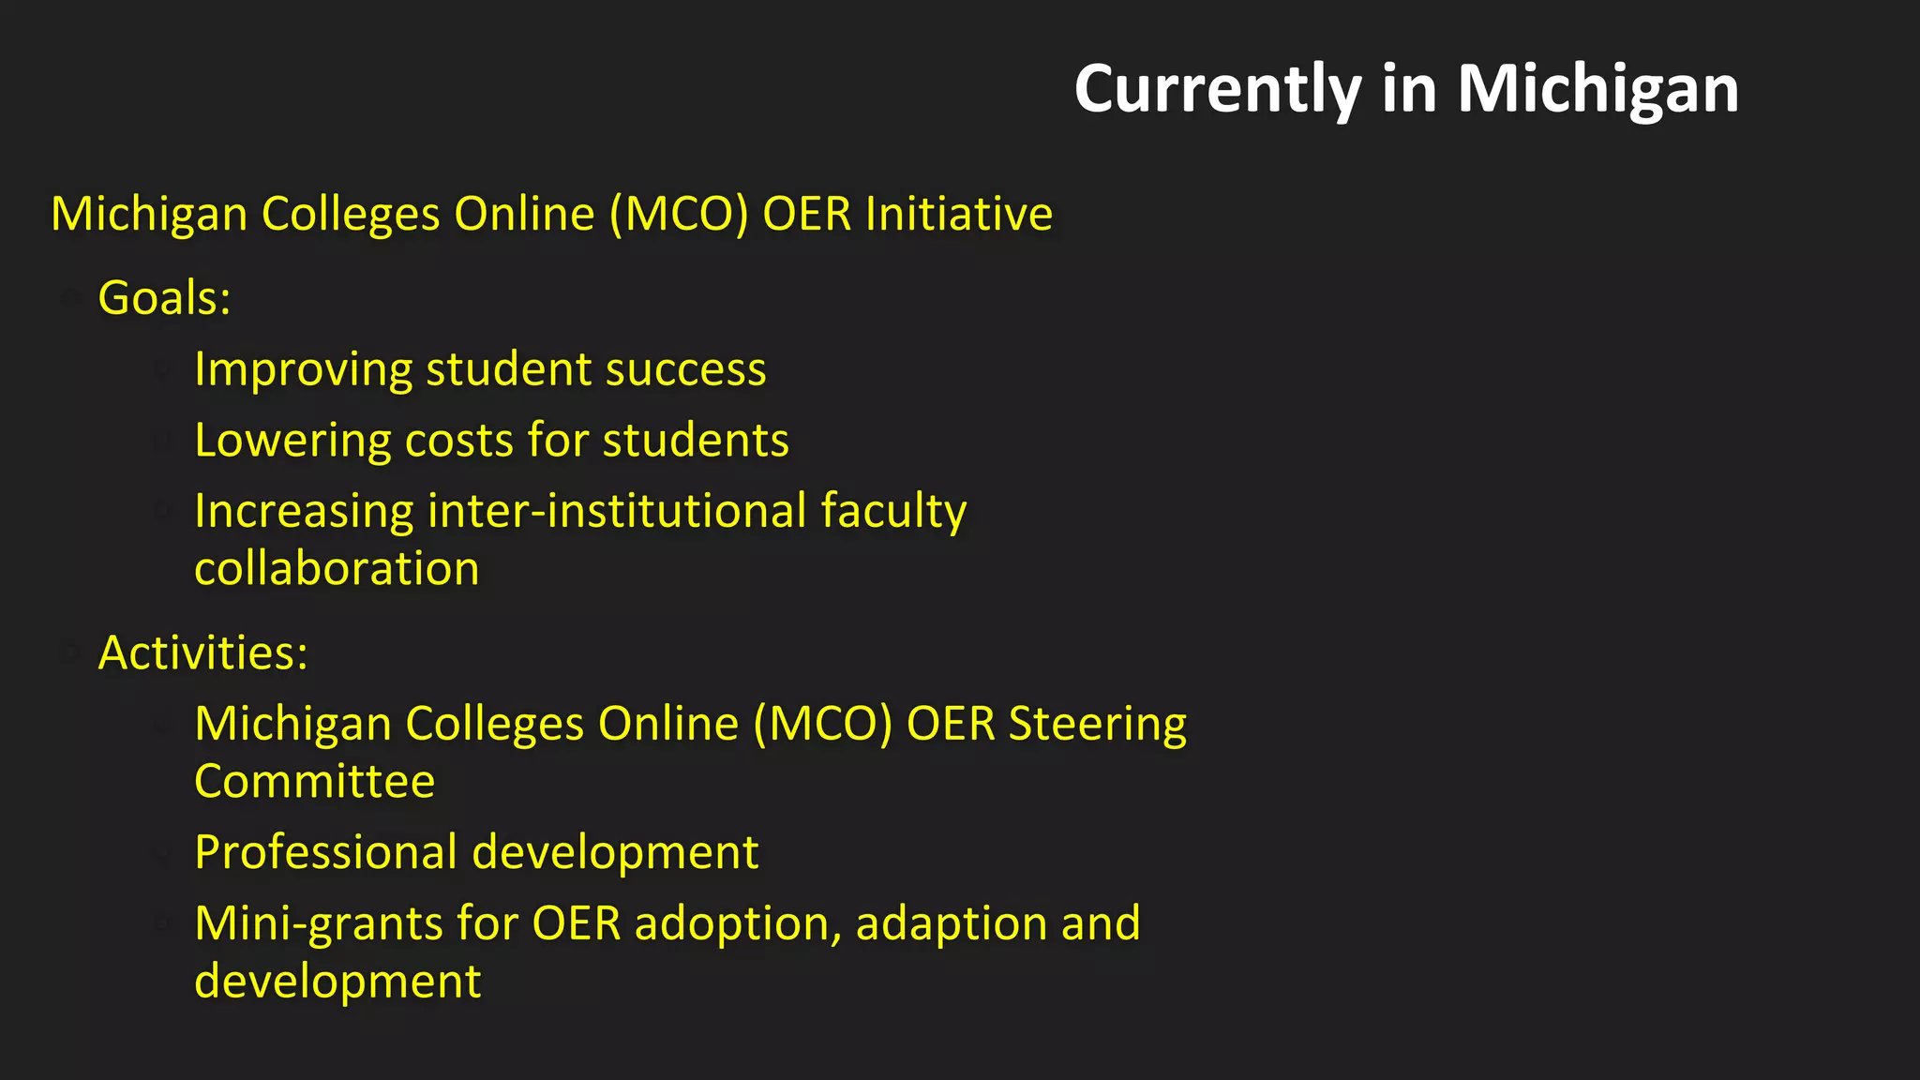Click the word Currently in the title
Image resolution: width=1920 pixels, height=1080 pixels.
[x=1217, y=90]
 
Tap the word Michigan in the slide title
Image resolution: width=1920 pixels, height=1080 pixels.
[x=1597, y=90]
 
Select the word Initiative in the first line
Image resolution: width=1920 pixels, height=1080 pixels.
[x=959, y=214]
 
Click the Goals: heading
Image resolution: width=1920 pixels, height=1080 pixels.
[x=164, y=298]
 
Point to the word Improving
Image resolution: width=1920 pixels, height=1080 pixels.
[x=303, y=369]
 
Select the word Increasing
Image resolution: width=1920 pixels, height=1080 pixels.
[x=303, y=512]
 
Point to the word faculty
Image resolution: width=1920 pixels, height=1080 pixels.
[x=893, y=512]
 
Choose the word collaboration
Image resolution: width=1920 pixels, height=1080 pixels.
[x=337, y=569]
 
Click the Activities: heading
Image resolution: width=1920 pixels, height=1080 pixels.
[x=202, y=652]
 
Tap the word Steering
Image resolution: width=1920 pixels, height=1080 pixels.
[x=1098, y=724]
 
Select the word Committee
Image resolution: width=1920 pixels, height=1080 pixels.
[x=314, y=782]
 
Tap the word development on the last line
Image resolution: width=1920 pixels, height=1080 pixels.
[x=337, y=982]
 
